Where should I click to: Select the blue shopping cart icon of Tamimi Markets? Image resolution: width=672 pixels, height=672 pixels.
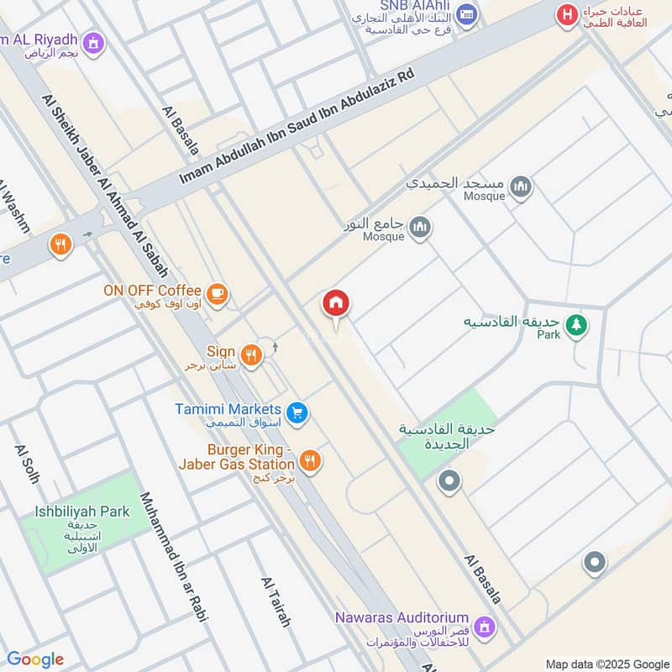pos(296,412)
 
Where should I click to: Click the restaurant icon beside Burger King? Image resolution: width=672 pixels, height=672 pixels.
pos(310,461)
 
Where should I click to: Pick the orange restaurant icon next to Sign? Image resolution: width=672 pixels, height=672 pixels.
pos(250,356)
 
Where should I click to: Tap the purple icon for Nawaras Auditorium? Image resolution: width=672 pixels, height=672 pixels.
pos(484,626)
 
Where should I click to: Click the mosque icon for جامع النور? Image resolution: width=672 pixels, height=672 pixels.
pos(420,226)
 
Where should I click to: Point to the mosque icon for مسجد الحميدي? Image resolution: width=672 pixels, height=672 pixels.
pos(521,186)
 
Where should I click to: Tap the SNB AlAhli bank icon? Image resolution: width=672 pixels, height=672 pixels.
pos(468,14)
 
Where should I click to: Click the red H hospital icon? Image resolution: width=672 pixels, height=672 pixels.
pos(569,14)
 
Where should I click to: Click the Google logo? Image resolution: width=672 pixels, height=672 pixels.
pos(35,659)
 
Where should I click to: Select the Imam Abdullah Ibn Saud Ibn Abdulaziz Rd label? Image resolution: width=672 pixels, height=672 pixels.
pos(297,128)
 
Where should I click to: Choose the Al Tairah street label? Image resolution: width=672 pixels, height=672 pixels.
pos(276,602)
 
